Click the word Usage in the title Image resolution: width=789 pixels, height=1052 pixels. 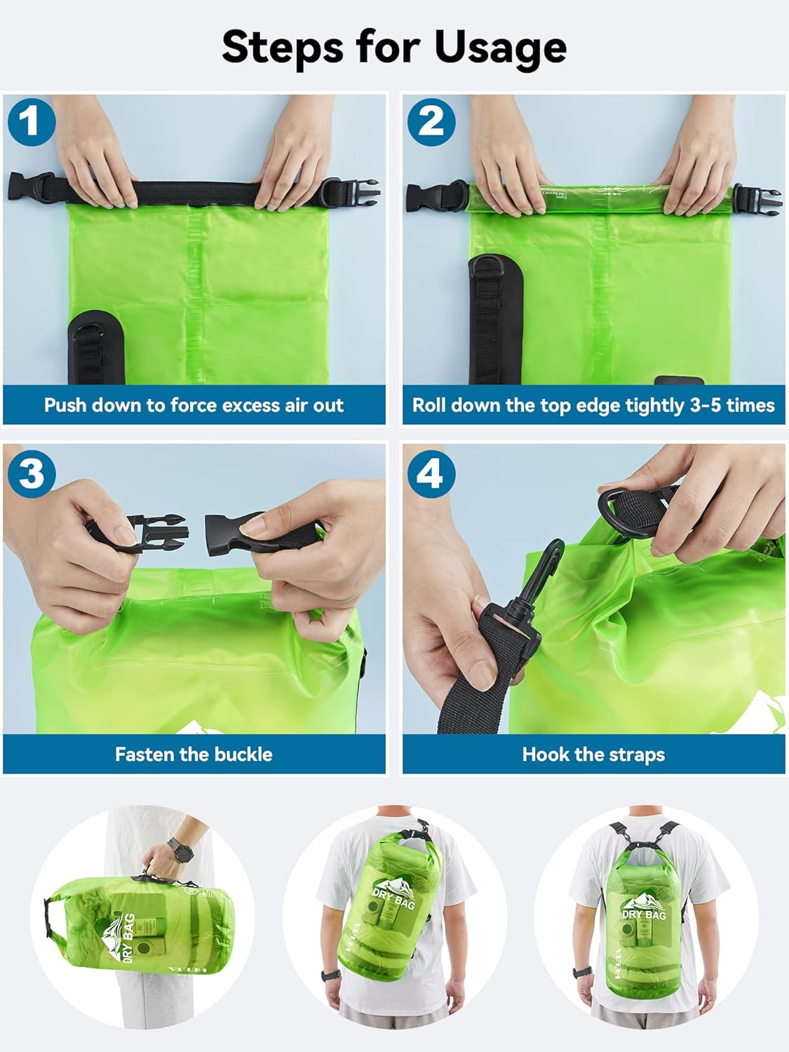(500, 48)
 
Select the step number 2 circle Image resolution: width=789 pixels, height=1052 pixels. (431, 122)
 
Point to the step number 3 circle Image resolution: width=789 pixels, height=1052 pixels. (31, 473)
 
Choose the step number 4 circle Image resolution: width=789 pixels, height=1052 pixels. (431, 473)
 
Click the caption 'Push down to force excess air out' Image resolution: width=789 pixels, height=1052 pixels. (194, 405)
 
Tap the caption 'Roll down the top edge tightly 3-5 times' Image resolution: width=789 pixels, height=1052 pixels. (593, 405)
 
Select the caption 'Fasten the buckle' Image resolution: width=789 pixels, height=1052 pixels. (194, 755)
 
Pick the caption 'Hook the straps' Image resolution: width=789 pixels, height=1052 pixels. (593, 755)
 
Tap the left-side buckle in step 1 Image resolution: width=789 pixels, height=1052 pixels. (32, 187)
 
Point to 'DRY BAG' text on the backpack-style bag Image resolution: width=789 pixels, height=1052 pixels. (645, 915)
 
